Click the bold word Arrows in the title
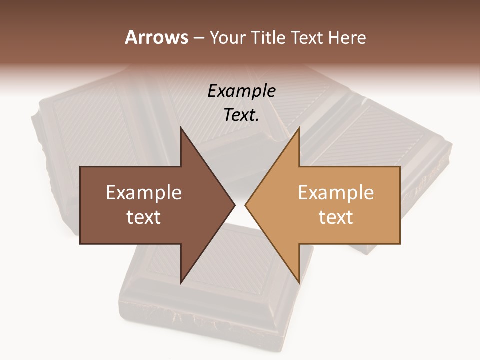[156, 37]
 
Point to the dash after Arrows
[198, 38]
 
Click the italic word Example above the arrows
[241, 91]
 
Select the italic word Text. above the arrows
[241, 115]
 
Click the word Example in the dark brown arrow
[144, 193]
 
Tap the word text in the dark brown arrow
[144, 217]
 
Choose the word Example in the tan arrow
[336, 193]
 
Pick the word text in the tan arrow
[336, 217]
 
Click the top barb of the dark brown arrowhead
[182, 131]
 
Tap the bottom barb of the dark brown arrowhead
[182, 280]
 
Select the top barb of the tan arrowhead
[298, 131]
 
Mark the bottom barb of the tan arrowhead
[298, 280]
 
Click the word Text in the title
[307, 37]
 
